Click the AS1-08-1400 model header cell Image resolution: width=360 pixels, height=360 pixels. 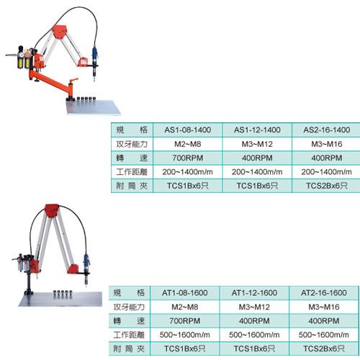click(188, 130)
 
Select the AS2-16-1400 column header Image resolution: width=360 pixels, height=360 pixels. click(327, 130)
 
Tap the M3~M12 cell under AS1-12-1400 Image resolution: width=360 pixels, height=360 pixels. click(257, 144)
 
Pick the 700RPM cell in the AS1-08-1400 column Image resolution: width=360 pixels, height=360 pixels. click(188, 158)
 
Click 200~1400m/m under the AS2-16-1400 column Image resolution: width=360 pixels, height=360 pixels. click(327, 172)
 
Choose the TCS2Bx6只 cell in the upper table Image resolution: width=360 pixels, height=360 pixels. click(327, 186)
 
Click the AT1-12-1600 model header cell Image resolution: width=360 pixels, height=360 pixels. click(254, 293)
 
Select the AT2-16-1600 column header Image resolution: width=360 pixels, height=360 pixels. click(324, 293)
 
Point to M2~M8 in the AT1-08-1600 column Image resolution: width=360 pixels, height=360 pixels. click(185, 307)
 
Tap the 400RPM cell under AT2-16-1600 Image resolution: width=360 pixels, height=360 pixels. click(324, 321)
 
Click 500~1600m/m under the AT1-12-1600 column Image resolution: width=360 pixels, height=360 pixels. click(254, 335)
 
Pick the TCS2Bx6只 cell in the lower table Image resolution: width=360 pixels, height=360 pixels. click(324, 348)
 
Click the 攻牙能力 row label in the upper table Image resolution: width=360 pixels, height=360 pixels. click(132, 144)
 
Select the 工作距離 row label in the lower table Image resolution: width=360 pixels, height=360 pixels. click(129, 335)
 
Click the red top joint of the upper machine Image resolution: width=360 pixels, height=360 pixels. click(60, 32)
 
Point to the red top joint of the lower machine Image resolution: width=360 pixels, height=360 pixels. click(52, 210)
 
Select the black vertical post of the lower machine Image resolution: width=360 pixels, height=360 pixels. click(29, 282)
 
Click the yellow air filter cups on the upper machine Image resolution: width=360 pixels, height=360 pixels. click(24, 60)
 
